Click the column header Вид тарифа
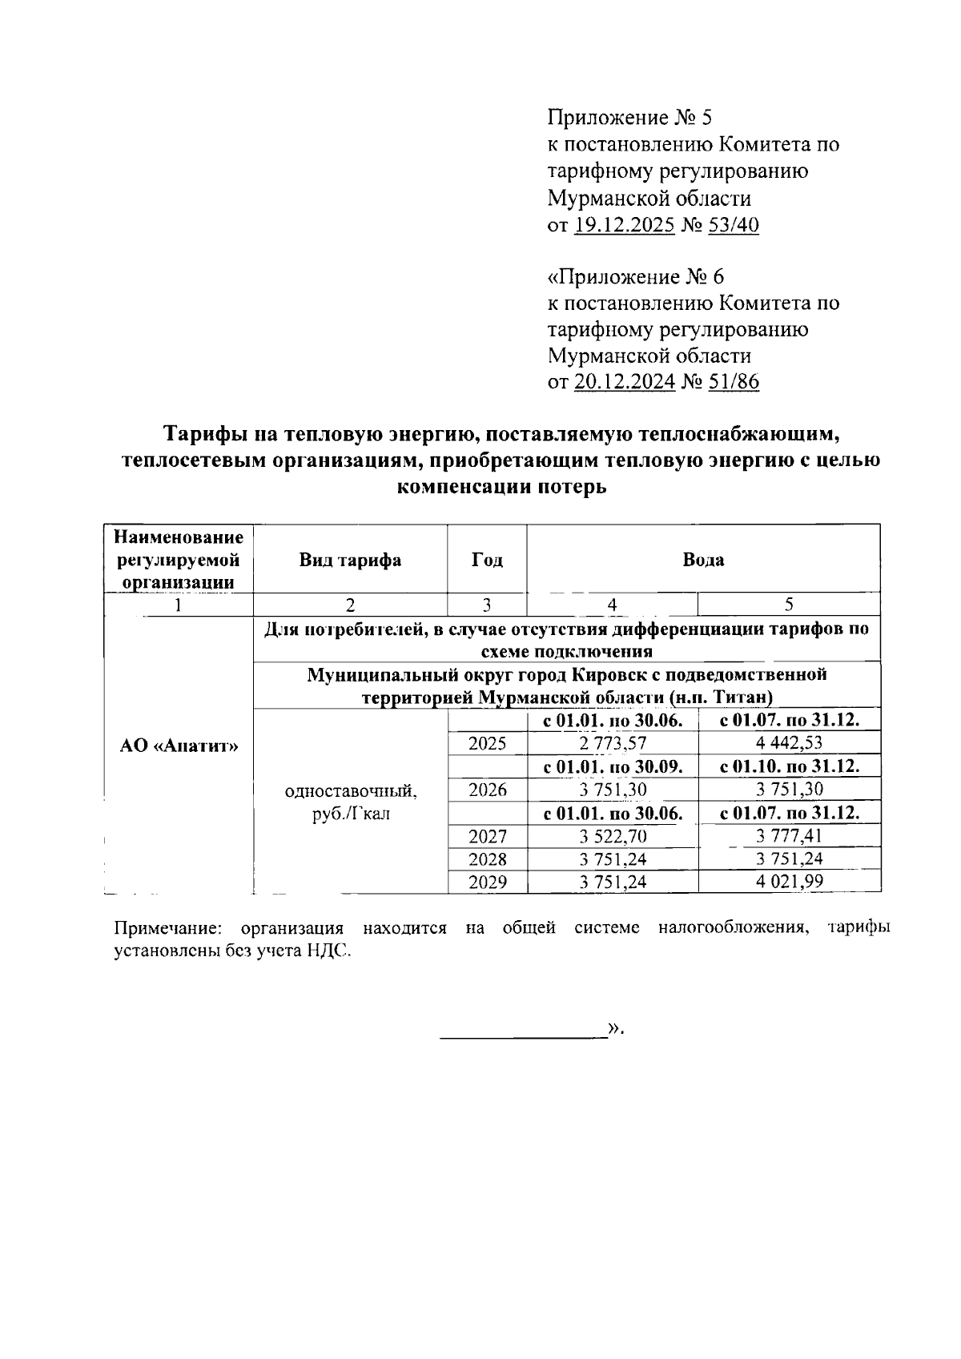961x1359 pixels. [x=350, y=560]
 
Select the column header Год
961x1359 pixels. [x=487, y=560]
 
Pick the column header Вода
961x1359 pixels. [x=703, y=560]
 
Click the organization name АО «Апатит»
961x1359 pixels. [x=179, y=746]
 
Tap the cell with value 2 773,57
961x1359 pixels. [x=613, y=743]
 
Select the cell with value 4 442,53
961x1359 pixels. [x=789, y=743]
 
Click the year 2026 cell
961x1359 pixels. [x=487, y=790]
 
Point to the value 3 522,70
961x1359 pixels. [x=613, y=837]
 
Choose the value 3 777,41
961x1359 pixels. [x=789, y=837]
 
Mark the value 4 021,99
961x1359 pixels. [x=789, y=883]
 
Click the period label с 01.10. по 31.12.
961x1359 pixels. [x=790, y=766]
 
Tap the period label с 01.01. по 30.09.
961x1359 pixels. [x=613, y=766]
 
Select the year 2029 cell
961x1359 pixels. [x=487, y=883]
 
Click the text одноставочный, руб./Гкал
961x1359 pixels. [x=350, y=802]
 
